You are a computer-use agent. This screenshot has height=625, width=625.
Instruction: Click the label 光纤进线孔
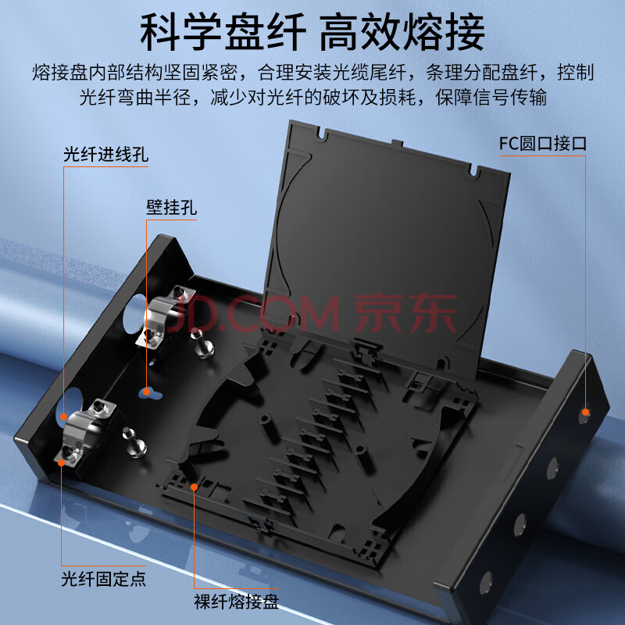pos(106,154)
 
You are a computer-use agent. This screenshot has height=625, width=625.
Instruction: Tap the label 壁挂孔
pos(171,207)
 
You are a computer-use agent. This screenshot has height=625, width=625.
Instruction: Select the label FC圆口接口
pos(543,144)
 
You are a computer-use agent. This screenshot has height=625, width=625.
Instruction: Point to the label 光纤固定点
pos(104,579)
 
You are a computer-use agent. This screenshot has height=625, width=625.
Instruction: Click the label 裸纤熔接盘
pos(237,602)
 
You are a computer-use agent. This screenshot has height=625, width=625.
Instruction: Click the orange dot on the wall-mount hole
pos(147,392)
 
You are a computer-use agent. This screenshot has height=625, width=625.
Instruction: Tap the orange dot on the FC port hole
pos(585,412)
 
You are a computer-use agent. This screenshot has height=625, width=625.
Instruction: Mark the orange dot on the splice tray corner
pos(194,487)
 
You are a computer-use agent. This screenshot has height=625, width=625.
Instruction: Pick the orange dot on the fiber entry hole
pos(64,417)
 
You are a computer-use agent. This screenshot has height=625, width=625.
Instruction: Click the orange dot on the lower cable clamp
pos(62,462)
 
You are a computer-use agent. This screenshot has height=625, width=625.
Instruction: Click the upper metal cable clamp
pos(164,317)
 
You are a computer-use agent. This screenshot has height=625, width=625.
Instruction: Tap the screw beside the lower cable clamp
pos(135,442)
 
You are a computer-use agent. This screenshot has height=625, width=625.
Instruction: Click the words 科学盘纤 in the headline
pos(223,32)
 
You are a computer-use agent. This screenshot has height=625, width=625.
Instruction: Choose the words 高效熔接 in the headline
pos(402,32)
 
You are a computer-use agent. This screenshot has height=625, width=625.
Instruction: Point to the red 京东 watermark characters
pos(405,313)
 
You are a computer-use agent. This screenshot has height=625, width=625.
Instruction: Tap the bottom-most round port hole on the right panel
pos(486,583)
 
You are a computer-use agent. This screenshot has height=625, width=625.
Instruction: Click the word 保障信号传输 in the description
pos(491,97)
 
